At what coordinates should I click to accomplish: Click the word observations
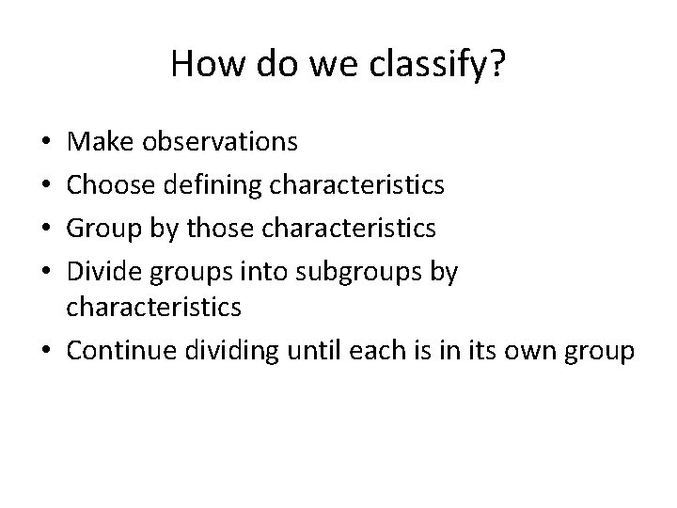coord(221,142)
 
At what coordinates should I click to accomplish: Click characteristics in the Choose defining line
coord(358,185)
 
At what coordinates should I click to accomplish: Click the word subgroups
coord(355,273)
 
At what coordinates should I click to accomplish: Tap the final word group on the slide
coord(602,351)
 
